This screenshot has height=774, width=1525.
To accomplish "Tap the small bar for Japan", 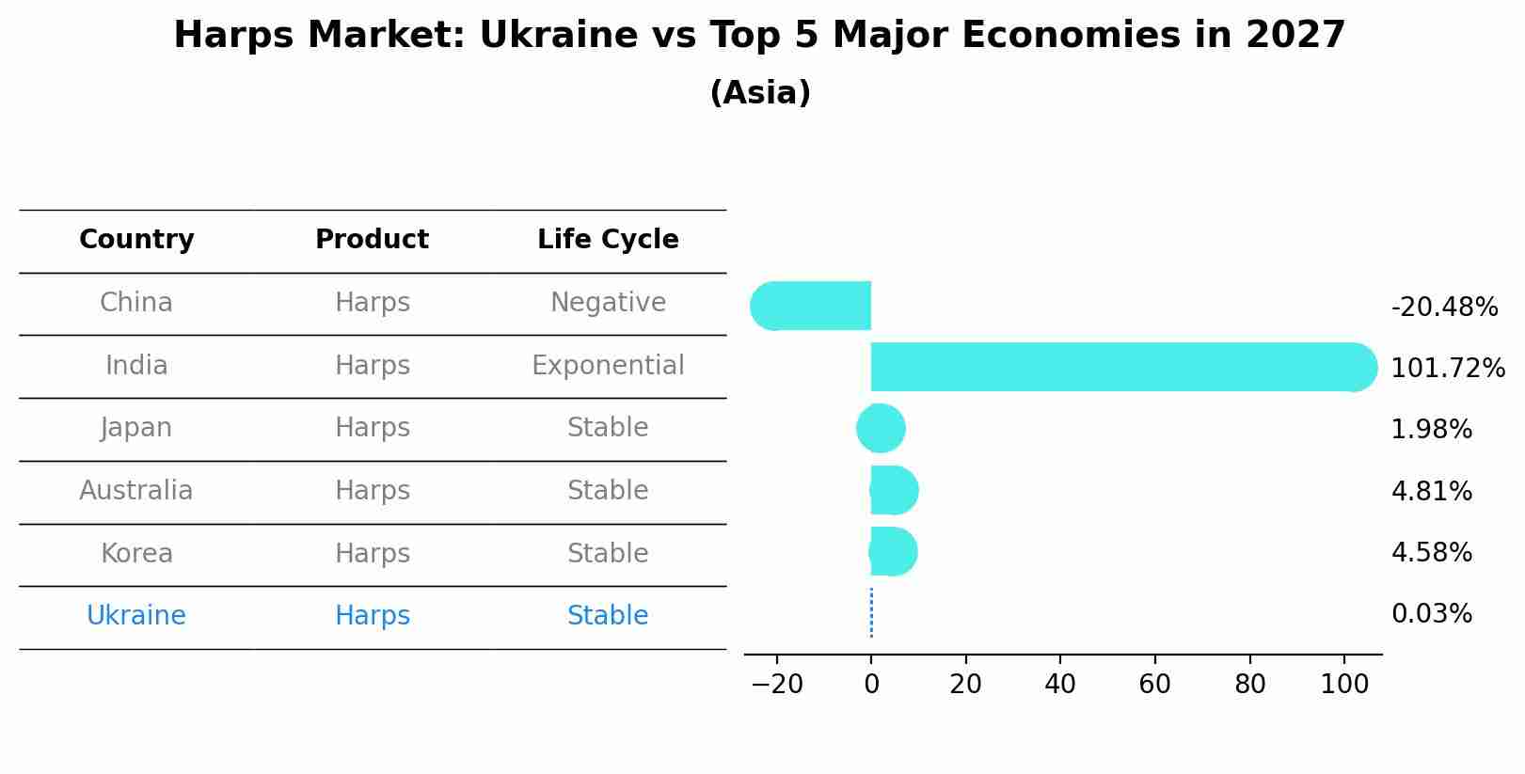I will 882,429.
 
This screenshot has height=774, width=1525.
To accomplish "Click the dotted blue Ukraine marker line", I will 871,613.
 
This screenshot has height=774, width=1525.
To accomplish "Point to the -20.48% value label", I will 1443,308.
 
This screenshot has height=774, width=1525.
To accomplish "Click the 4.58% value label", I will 1431,552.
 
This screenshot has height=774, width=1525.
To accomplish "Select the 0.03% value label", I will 1431,614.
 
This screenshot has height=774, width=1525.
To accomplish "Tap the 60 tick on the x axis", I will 1154,685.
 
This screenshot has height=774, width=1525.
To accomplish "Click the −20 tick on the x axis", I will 777,685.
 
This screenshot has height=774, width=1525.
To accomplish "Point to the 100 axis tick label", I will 1343,685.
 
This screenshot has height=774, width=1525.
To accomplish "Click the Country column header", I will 136,240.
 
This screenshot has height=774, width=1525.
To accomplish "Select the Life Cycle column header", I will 608,240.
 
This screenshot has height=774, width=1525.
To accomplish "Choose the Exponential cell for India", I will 608,366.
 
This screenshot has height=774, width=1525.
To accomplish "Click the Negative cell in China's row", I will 608,303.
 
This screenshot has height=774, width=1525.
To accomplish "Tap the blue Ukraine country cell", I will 136,616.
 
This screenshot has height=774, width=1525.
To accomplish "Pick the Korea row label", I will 136,553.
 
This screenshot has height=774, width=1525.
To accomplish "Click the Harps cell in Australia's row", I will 373,491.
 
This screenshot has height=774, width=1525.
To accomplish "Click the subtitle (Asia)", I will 760,93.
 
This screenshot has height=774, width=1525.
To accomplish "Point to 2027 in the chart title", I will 1295,36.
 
